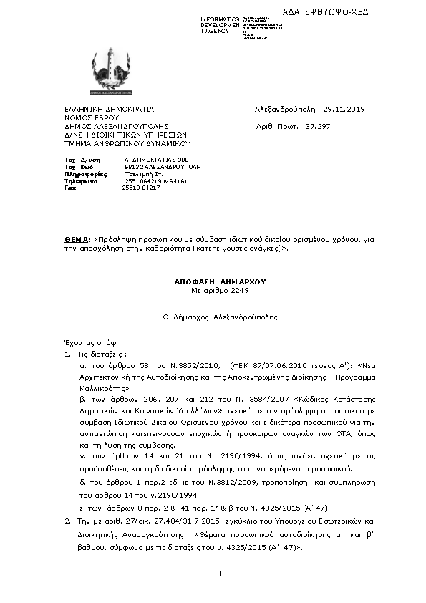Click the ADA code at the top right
click(x=336, y=12)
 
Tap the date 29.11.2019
click(x=344, y=110)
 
